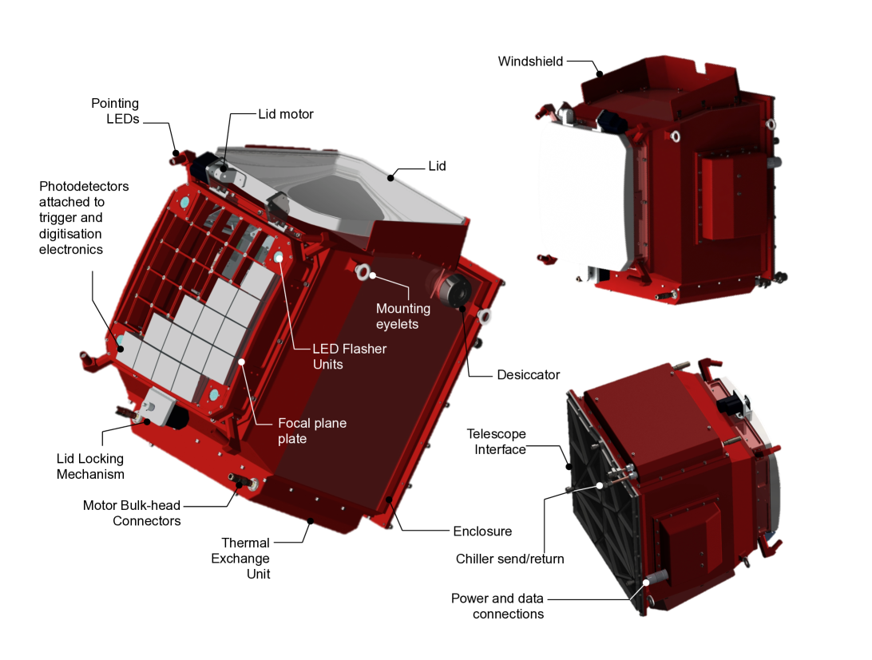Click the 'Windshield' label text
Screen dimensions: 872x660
[x=530, y=61]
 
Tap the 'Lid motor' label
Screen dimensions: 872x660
[x=286, y=114]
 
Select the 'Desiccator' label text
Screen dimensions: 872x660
[x=529, y=375]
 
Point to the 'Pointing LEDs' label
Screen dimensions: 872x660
[x=115, y=111]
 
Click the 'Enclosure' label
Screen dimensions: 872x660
[x=482, y=531]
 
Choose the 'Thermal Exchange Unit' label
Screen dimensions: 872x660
[x=240, y=559]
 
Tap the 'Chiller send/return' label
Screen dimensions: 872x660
[x=510, y=559]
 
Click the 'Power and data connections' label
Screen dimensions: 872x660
[x=497, y=606]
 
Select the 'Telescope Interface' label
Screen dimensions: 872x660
[x=497, y=441]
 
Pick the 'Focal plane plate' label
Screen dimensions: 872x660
[x=312, y=431]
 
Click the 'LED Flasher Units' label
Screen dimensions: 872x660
[x=349, y=357]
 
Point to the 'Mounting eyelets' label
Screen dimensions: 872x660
[x=403, y=316]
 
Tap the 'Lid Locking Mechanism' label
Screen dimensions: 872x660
[x=90, y=467]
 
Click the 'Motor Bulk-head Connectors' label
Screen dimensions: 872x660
[x=132, y=513]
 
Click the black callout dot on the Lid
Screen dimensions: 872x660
[x=390, y=178]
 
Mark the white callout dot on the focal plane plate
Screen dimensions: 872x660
[x=242, y=362]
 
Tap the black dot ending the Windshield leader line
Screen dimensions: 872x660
[x=600, y=73]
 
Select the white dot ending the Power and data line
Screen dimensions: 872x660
[x=647, y=582]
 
